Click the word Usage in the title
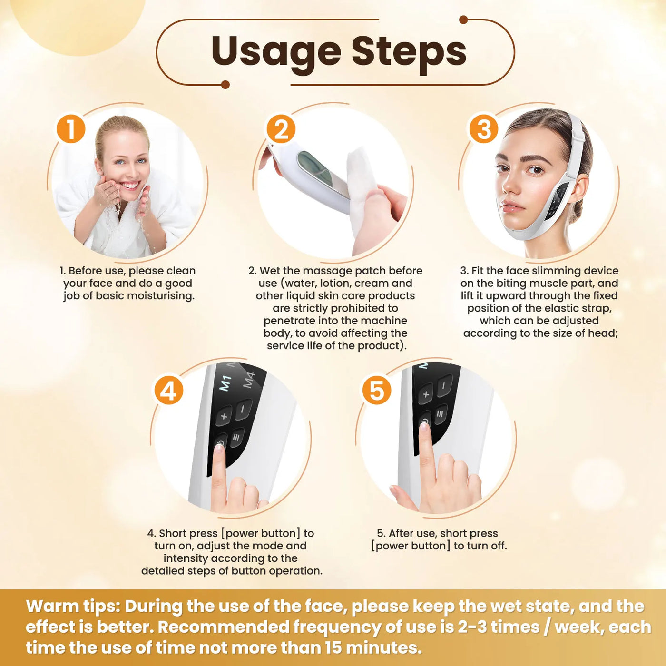(x=276, y=51)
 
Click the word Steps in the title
(x=409, y=51)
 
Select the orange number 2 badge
(x=281, y=129)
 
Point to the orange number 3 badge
(x=483, y=129)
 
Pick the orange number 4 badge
(x=168, y=391)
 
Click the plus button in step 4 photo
(x=224, y=416)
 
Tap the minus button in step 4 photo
(x=243, y=409)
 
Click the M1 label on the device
(x=225, y=383)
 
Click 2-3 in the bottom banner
(x=473, y=627)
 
